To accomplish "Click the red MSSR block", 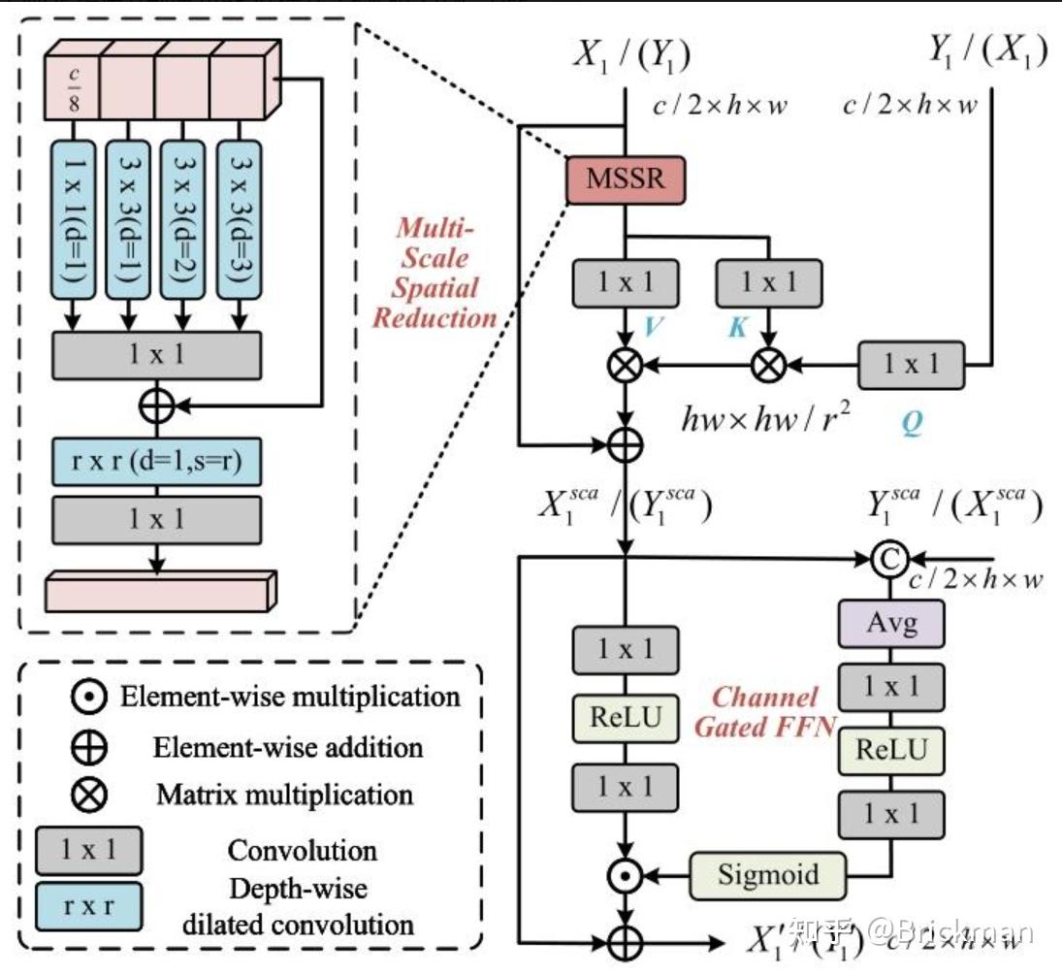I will pos(626,179).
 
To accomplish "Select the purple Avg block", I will pos(891,623).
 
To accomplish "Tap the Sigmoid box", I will pos(768,875).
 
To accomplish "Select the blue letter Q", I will pos(911,424).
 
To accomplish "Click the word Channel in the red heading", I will pos(765,697).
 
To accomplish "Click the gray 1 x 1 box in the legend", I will pos(88,850).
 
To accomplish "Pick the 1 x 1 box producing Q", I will pos(911,366).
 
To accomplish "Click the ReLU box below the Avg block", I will pos(891,749).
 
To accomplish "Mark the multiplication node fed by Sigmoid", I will pos(626,875).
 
